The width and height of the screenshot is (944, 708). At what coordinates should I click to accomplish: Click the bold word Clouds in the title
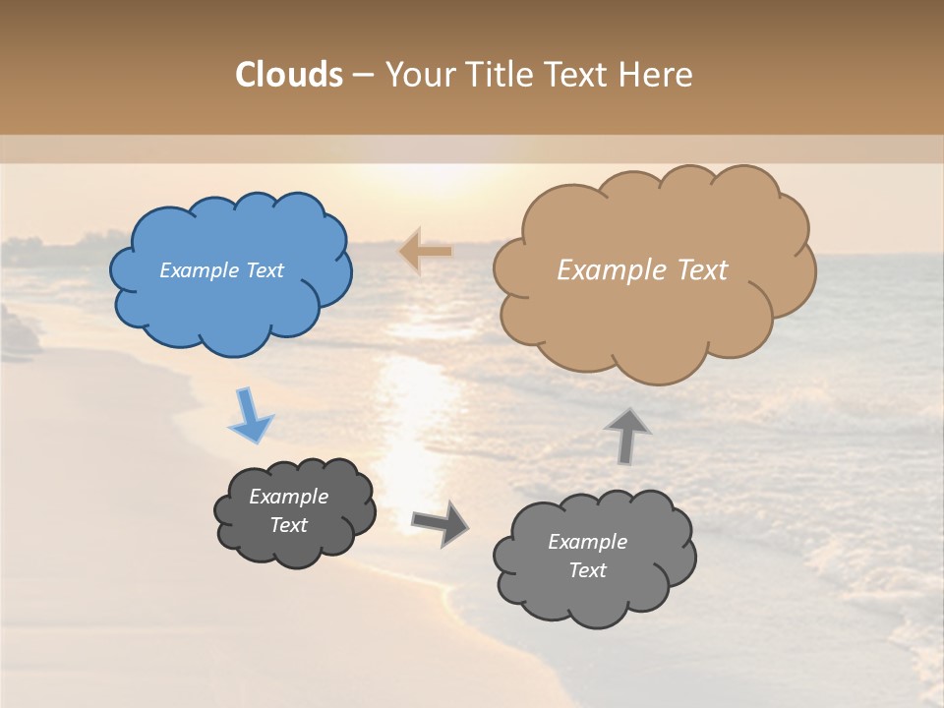coord(289,75)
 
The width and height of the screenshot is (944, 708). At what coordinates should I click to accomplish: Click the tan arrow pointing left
coord(425,252)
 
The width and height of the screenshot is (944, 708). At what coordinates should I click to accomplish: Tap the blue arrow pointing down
coord(250,416)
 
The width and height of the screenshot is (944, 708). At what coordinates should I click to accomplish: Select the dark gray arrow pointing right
coord(440,522)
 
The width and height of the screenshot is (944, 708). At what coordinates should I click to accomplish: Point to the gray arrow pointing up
coord(627,435)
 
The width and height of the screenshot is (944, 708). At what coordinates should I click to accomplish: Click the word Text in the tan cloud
coord(702,270)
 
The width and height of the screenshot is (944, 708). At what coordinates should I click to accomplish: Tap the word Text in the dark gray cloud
coord(289,525)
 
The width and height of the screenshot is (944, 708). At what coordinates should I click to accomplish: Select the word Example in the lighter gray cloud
coord(587,542)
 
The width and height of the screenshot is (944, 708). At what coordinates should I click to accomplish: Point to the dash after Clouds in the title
coord(363,76)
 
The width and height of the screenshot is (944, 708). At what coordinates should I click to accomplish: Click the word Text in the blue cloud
coord(264,270)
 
